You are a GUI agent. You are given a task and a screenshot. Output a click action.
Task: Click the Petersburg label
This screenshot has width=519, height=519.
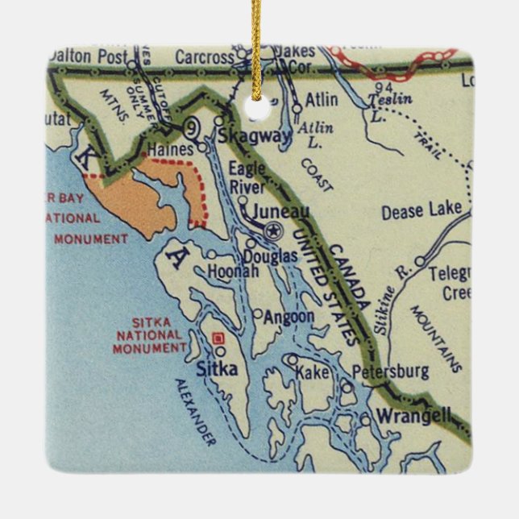tap(391, 372)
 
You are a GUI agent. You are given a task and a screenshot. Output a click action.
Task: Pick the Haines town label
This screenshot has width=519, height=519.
tap(171, 149)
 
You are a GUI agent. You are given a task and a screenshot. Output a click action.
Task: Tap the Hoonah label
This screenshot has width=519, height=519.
tap(233, 272)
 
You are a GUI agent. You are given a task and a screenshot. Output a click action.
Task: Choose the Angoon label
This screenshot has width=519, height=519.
tap(288, 317)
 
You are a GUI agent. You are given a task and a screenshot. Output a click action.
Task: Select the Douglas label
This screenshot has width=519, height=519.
tap(270, 255)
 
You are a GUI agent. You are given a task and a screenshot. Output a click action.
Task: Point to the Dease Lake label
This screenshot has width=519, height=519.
tap(421, 211)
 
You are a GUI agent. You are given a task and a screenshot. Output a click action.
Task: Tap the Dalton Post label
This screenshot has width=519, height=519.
tap(82, 56)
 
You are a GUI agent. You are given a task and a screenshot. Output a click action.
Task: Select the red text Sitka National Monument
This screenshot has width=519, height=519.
tap(149, 334)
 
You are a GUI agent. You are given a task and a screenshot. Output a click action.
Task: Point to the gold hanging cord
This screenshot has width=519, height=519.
tap(257, 40)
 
